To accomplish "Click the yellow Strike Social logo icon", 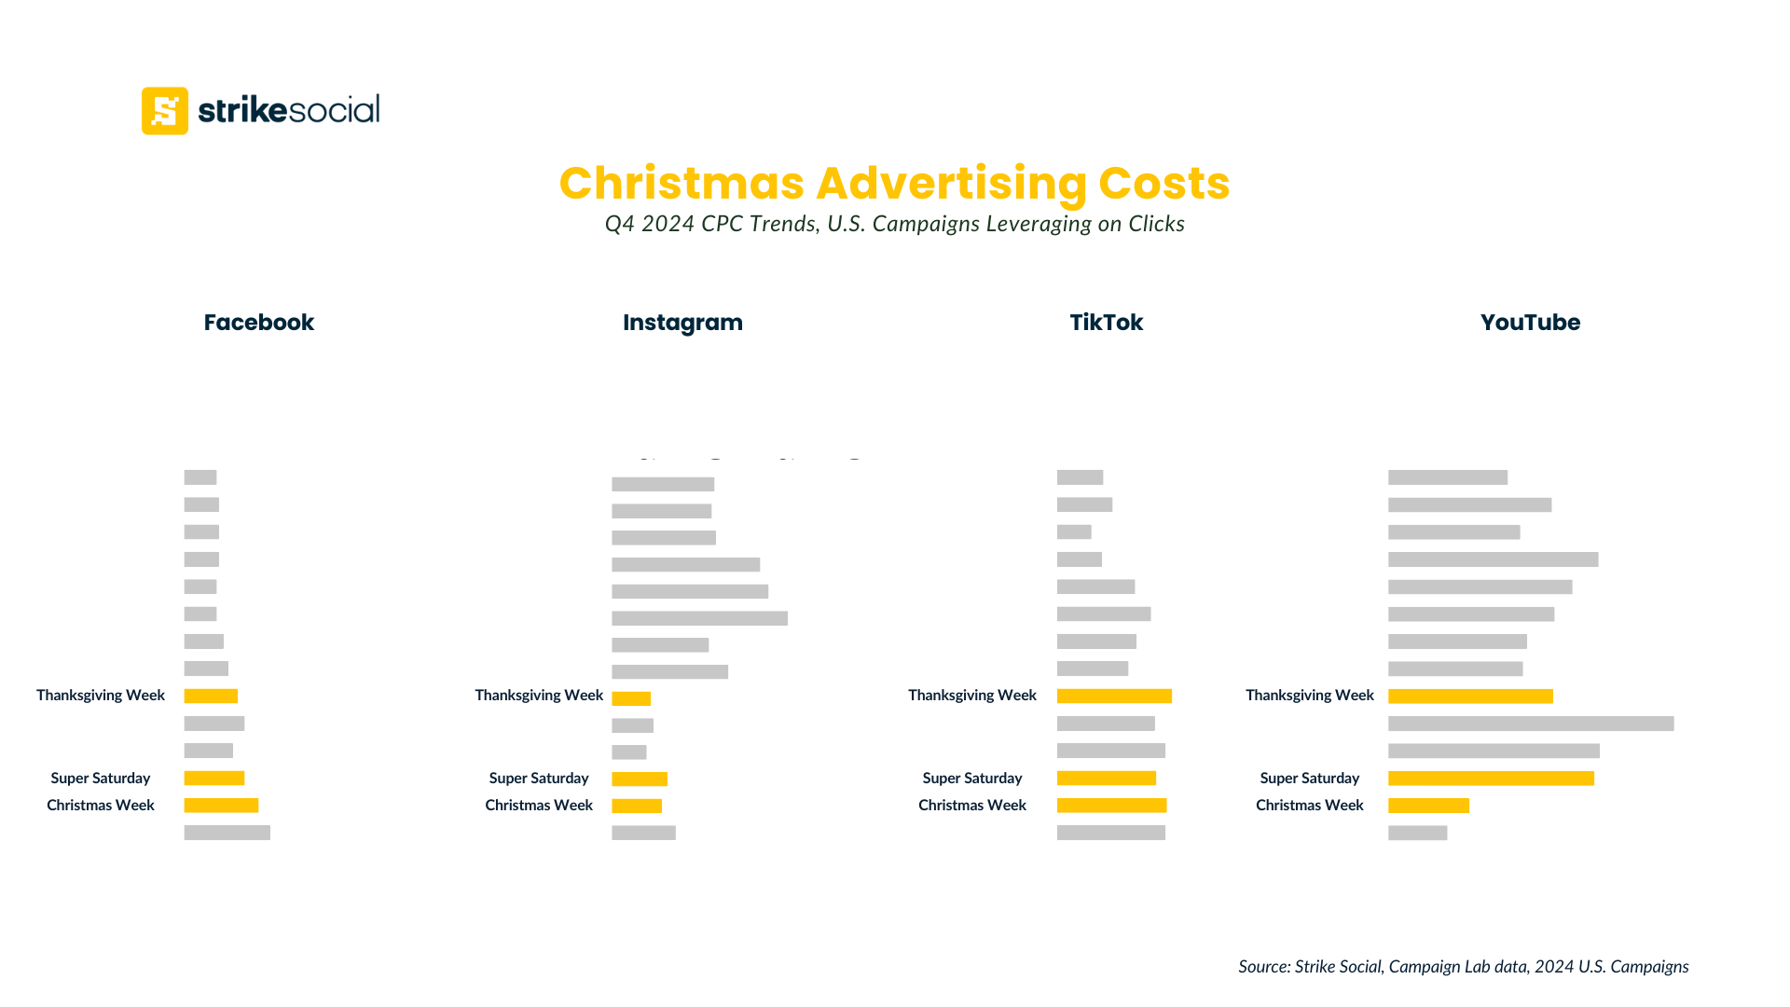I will [x=165, y=111].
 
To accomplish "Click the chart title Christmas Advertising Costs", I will [x=894, y=183].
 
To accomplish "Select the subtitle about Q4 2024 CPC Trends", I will [x=894, y=224].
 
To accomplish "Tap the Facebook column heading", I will [x=258, y=323].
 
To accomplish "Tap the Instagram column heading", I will [x=682, y=323].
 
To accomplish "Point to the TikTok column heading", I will [x=1106, y=323].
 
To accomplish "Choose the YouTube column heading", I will [x=1530, y=323].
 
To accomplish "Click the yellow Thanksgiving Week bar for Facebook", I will [x=211, y=696].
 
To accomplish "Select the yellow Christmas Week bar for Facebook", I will [x=221, y=806].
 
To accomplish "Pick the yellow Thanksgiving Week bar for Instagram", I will [x=631, y=698].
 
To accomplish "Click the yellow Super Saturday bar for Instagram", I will [x=640, y=779].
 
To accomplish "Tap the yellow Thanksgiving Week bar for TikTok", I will [x=1114, y=696].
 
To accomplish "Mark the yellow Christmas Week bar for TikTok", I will [x=1111, y=806].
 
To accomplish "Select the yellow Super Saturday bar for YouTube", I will [x=1491, y=779].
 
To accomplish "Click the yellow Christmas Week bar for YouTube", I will [x=1428, y=806].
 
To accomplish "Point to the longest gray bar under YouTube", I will [x=1531, y=724].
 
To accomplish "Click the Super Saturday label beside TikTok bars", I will [x=972, y=779].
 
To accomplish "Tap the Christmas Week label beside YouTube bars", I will [x=1309, y=806].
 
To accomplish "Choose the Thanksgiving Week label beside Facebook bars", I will [x=101, y=696].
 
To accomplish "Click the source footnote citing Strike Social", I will [x=1463, y=967].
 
